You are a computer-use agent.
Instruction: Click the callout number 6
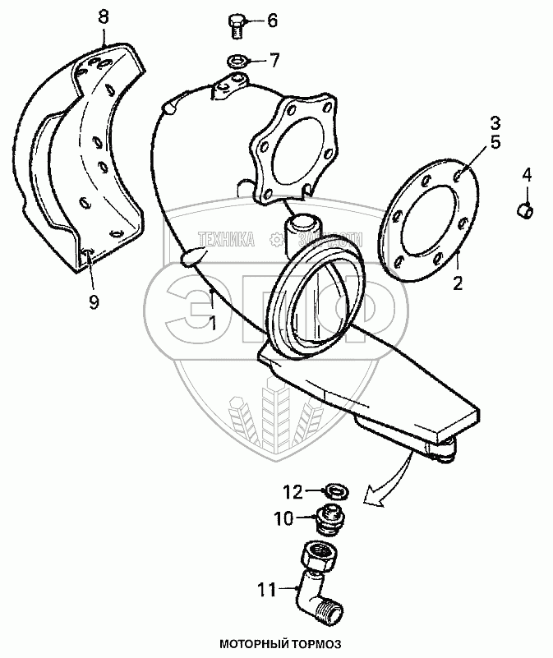272,21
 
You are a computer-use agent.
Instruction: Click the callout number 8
103,16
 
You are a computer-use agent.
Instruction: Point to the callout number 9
94,302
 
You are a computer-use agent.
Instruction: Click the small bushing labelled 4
524,210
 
